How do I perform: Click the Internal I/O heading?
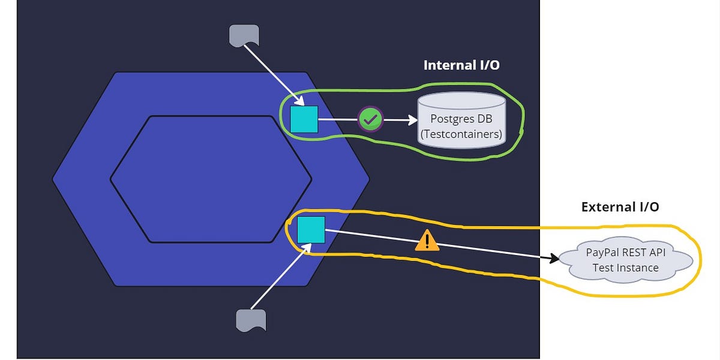[x=461, y=65]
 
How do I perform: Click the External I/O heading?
[x=620, y=207]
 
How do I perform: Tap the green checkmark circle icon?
[x=371, y=119]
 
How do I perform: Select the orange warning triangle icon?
[x=427, y=241]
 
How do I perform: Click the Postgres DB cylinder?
[x=461, y=120]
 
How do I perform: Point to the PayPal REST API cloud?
[x=625, y=260]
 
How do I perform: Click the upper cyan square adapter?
[x=304, y=119]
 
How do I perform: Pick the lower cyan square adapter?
[x=311, y=230]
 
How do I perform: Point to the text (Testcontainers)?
[x=461, y=134]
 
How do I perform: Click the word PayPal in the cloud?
[x=602, y=253]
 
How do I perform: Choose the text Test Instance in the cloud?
[x=625, y=268]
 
